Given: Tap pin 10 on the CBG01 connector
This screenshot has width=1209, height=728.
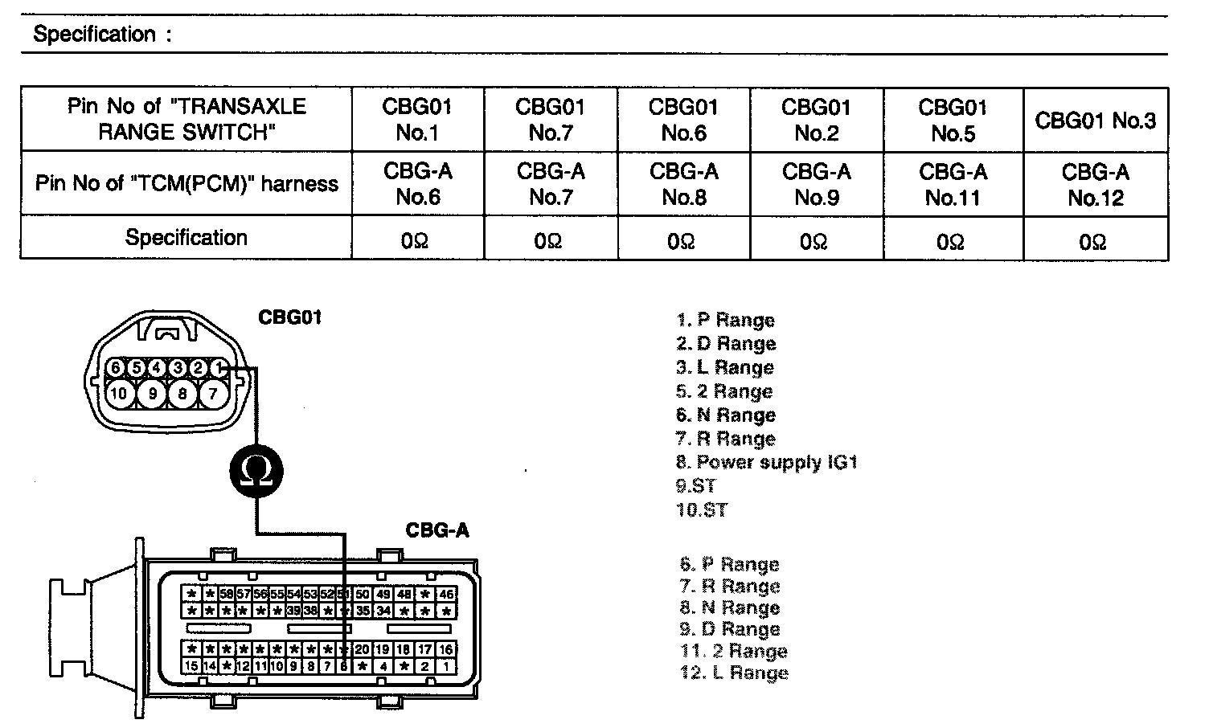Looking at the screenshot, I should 119,393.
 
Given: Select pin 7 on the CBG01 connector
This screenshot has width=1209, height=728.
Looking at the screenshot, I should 213,393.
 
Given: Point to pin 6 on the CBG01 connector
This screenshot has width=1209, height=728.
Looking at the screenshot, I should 116,368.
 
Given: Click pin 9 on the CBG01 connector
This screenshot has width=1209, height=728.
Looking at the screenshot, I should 151,393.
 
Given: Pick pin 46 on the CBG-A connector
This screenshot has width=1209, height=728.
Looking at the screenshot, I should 446,595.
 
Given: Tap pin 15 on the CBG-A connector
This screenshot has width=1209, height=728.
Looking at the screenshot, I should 191,666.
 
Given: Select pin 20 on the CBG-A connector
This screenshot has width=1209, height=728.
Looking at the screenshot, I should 363,649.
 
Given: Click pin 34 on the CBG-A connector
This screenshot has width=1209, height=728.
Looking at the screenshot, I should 383,611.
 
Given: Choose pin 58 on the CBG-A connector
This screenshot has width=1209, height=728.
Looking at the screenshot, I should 227,595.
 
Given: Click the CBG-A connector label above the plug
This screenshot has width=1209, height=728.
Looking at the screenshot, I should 437,530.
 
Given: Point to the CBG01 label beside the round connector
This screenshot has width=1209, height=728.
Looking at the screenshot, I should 290,317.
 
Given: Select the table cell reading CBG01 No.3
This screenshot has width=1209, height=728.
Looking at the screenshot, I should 1095,121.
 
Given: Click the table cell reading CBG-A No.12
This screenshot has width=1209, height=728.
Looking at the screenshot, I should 1095,185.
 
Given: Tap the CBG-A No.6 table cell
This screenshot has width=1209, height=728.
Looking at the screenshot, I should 418,184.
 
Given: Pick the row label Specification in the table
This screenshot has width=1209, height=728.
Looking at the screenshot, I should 186,238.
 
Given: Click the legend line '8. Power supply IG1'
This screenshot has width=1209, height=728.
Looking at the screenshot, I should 767,462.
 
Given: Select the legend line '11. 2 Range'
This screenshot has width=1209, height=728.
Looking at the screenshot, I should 733,651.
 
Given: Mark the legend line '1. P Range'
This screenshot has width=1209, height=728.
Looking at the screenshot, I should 725,320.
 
